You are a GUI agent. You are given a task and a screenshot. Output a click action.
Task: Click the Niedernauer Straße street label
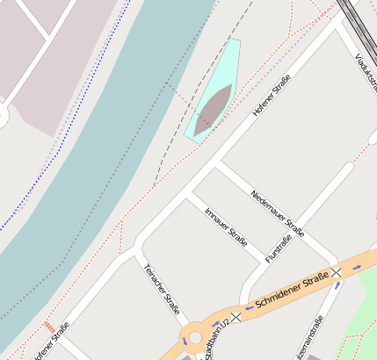point(277,213)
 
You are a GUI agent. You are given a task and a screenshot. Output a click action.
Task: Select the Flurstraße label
point(278,248)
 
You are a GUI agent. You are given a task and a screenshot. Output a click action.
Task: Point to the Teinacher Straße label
point(163,288)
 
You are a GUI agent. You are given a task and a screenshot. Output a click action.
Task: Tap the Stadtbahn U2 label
point(215,337)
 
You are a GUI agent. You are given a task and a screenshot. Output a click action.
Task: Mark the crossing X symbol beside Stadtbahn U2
point(236,316)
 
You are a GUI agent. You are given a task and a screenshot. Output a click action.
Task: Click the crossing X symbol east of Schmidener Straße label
point(337,273)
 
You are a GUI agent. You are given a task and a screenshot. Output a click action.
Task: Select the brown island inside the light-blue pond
point(214,110)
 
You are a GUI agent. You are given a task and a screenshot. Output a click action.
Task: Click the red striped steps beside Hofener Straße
point(48,326)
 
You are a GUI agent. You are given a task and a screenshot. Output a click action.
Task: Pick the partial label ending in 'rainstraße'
point(310,339)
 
